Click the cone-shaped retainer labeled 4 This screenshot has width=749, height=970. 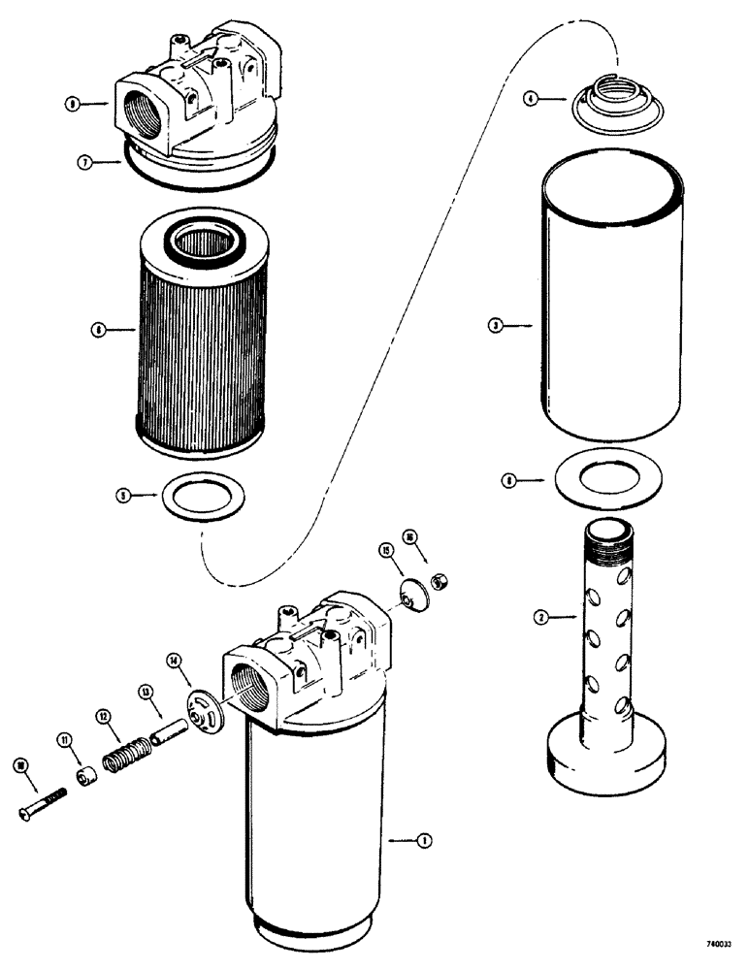tap(601, 106)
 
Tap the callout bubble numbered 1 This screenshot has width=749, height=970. tap(422, 841)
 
